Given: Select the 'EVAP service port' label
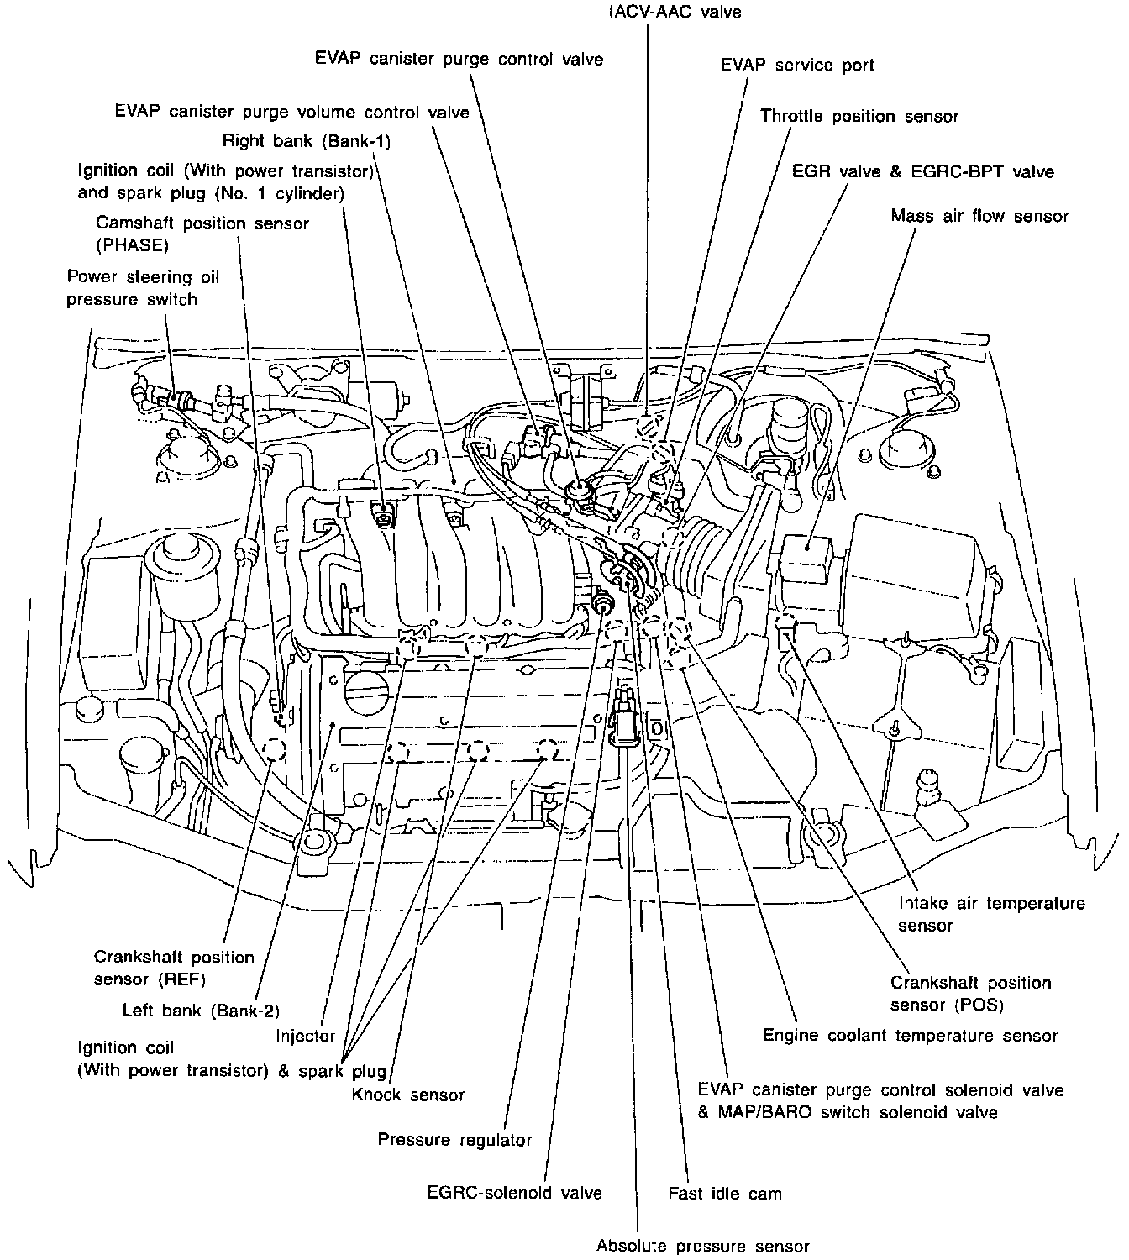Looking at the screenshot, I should coord(797,65).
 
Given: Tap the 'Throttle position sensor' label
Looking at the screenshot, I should coord(859,116).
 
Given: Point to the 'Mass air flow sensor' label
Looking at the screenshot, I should coord(979,216).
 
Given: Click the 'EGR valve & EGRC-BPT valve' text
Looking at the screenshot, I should coord(922,171).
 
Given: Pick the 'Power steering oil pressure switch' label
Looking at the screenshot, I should coord(132,287).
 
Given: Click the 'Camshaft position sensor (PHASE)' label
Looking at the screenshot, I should coord(202,234).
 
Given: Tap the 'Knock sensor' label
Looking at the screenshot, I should coord(408,1095).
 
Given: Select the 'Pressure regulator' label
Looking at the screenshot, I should coord(454,1140).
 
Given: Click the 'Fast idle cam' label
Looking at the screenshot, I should coord(725,1193).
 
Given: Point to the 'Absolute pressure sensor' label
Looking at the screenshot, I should coord(702,1246).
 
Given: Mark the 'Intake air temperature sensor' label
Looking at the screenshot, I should coord(991,914).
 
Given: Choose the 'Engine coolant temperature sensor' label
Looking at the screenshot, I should coord(910,1035).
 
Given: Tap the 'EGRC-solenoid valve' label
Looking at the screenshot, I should coord(514,1193).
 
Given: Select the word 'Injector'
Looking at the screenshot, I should coord(306,1037).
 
